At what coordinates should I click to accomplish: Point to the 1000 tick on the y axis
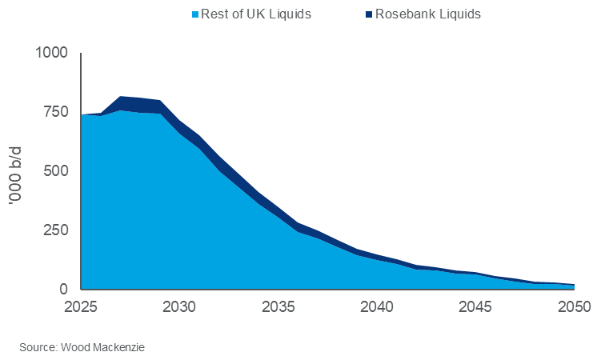(53, 53)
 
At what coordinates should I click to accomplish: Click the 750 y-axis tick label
(57, 112)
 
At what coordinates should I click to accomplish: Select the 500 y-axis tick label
(57, 171)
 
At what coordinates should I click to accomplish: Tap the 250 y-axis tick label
(57, 230)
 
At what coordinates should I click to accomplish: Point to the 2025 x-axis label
(81, 306)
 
